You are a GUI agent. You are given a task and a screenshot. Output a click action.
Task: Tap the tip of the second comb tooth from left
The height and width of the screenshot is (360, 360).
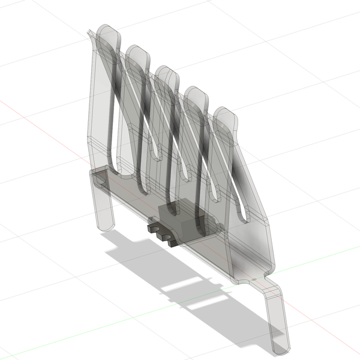pyautogui.click(x=137, y=50)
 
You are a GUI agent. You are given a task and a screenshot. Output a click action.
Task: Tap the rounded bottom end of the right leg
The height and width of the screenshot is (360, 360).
pyautogui.click(x=280, y=347)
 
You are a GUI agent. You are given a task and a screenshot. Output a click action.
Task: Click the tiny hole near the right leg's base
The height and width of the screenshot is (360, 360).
pyautogui.click(x=255, y=280)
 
